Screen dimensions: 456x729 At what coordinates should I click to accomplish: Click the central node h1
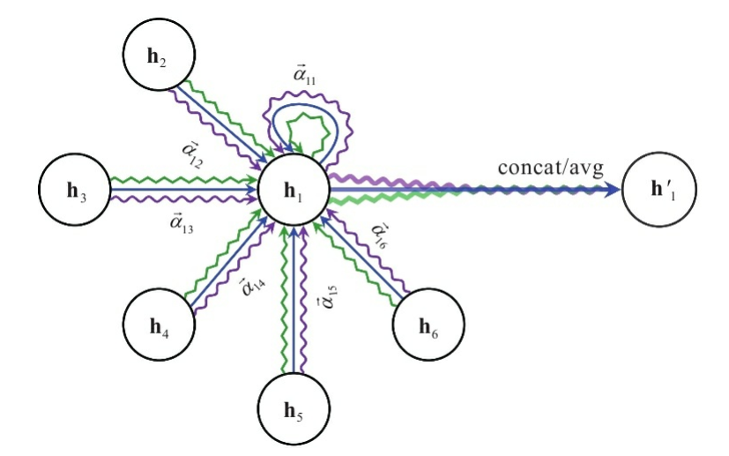[x=292, y=190]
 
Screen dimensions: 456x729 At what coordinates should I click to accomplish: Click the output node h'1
[x=656, y=190]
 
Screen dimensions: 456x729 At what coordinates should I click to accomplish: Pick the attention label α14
[x=252, y=287]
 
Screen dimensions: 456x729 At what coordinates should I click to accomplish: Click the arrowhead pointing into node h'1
[x=612, y=190]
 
